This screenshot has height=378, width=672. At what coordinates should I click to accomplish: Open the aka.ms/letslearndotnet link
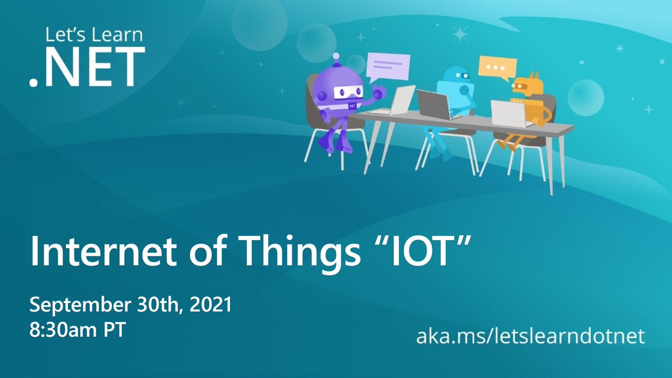[x=530, y=337]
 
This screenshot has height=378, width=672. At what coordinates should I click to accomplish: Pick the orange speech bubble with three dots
[x=496, y=68]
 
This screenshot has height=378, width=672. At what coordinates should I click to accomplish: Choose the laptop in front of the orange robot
[x=508, y=114]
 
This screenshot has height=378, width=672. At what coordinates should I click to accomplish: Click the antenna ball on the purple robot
[x=336, y=56]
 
